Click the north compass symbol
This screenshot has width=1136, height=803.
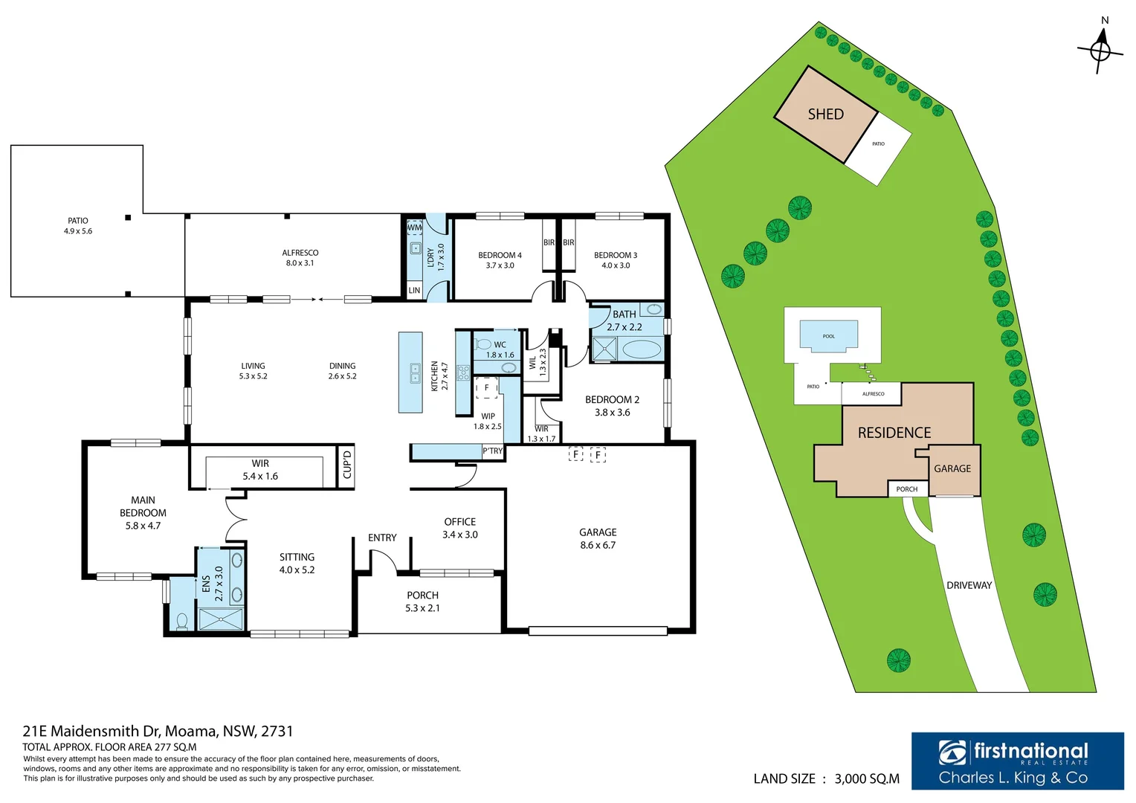coord(1100,51)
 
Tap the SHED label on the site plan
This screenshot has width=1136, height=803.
coord(825,115)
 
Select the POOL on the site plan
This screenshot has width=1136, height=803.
coord(828,335)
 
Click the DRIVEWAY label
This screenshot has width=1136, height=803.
coord(969,586)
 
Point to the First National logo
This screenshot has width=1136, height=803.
coord(1017,761)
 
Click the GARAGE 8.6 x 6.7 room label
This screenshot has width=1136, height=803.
coord(598,539)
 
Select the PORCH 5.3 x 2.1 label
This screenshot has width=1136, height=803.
coord(422,602)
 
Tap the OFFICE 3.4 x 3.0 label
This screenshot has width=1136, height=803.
coord(459,529)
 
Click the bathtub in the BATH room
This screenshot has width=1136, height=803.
coord(641,349)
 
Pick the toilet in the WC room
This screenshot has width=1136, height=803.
coord(483,344)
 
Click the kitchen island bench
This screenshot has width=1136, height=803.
coord(410,373)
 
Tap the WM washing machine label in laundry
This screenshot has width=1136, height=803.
coord(414,228)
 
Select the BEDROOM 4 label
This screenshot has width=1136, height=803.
coord(500,260)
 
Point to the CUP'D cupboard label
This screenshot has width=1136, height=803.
coord(346,465)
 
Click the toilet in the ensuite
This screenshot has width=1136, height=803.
coord(182,619)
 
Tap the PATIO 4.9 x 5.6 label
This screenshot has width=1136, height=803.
coord(78,226)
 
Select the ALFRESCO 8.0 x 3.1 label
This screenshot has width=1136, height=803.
coord(300,258)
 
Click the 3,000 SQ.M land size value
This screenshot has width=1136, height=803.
coord(867,779)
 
